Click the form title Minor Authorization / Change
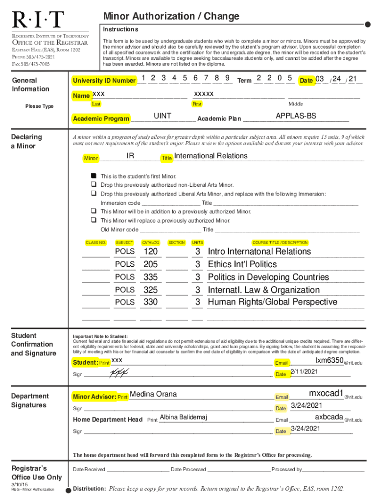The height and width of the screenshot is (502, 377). pos(171,17)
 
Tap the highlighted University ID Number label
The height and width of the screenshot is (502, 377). pos(104,80)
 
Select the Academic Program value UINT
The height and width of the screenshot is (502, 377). pos(163,116)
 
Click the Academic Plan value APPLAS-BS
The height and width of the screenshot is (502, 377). pos(296,116)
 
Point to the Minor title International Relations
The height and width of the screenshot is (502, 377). pos(211,156)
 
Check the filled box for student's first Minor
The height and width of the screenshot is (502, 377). pos(93,176)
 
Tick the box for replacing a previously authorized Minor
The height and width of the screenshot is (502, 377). pos(93,221)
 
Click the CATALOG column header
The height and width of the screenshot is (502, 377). pos(151,243)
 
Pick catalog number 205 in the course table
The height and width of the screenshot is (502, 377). pos(151,264)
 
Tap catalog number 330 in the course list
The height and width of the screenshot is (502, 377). pos(151,302)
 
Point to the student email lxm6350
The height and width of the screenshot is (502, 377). pos(329,361)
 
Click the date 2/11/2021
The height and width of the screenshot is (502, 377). pos(305,372)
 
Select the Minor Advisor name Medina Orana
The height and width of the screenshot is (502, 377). pos(153,394)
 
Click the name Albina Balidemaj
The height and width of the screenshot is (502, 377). pos(184,417)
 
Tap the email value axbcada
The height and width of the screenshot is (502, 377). pos(329,417)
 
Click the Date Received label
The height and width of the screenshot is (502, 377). pos(89,469)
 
